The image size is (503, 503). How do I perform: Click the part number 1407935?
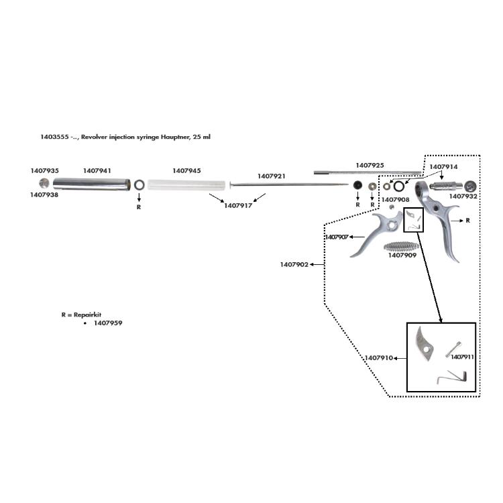[45, 171]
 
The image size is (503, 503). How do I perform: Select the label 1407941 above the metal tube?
[97, 171]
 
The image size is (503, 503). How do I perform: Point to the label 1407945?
[186, 171]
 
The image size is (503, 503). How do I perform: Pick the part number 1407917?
[237, 206]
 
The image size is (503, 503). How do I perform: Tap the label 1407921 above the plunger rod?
[272, 176]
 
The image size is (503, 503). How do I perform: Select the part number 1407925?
[370, 164]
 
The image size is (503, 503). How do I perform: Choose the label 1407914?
[443, 166]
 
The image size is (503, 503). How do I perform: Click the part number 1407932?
[463, 197]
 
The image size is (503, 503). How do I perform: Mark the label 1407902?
[294, 265]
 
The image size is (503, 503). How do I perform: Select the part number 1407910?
[380, 358]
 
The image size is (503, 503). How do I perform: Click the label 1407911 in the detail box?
[463, 357]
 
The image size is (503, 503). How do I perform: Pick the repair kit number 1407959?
[108, 323]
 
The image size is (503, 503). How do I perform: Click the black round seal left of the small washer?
[359, 185]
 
